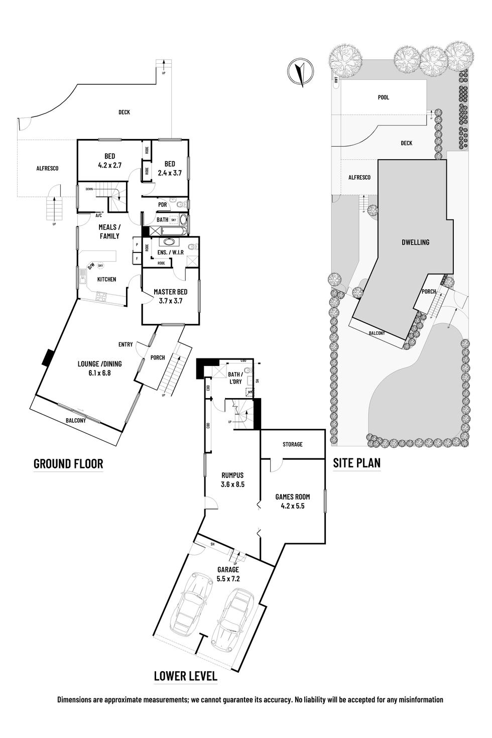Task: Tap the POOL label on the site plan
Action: (384, 97)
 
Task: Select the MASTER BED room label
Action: (171, 292)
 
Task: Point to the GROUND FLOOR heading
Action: (68, 463)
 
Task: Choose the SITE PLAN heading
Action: (356, 463)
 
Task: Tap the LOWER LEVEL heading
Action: (186, 676)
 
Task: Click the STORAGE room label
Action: (292, 444)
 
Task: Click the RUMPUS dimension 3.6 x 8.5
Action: (232, 484)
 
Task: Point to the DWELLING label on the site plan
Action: (415, 242)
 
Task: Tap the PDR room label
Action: (163, 204)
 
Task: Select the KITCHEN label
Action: (106, 279)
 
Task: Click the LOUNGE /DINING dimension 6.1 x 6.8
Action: (99, 373)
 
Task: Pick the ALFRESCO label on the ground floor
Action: (47, 168)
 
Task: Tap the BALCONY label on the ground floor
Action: (76, 421)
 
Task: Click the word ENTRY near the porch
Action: (126, 344)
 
